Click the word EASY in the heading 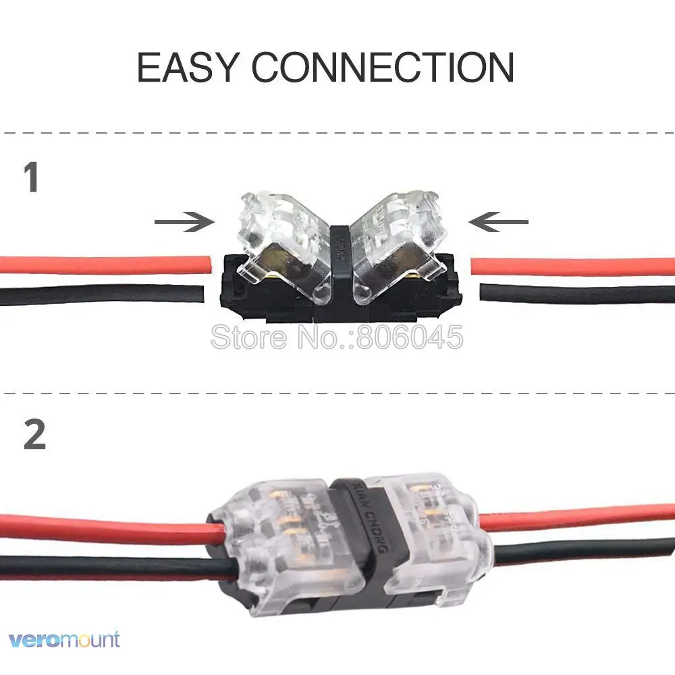coord(187,67)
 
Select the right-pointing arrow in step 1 coord(184,221)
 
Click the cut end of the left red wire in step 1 coord(200,265)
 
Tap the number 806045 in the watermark coord(410,337)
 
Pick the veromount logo coord(65,639)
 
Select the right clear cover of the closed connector coord(439,533)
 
